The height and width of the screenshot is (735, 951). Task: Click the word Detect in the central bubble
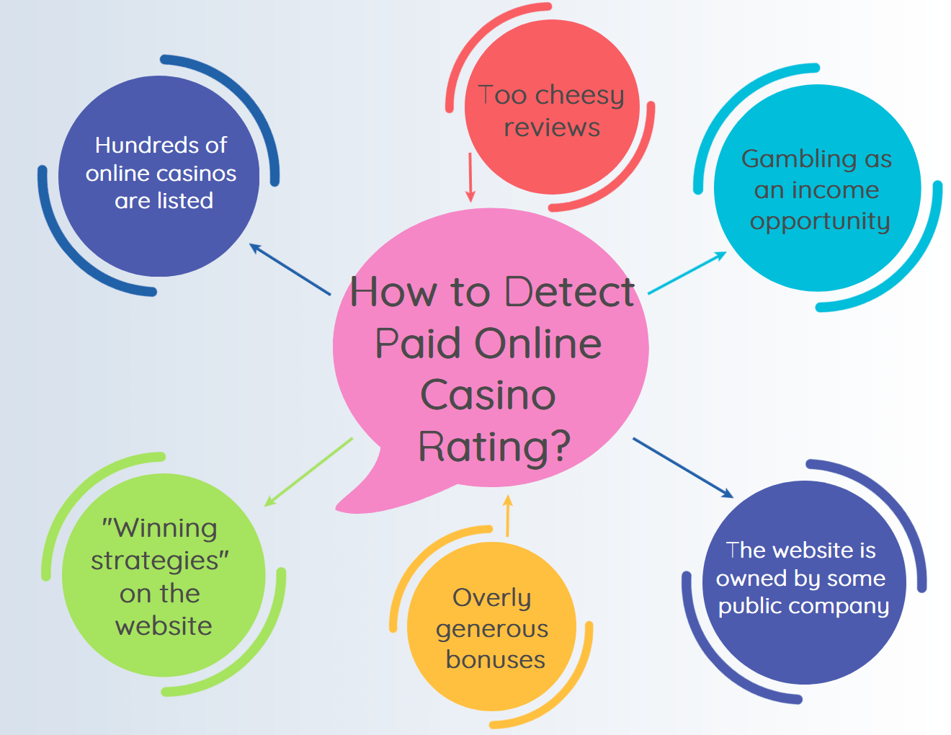[x=569, y=292]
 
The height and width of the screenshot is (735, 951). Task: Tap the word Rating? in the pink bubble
[x=494, y=447]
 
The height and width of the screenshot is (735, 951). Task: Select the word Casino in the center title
[x=488, y=395]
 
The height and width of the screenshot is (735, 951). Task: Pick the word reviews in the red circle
[x=552, y=128]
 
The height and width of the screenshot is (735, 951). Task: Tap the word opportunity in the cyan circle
[x=820, y=222]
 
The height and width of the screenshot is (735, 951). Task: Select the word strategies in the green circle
[x=154, y=561]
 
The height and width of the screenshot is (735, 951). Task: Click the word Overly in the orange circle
[x=492, y=598]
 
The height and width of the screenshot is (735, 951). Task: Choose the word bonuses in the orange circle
[x=496, y=660]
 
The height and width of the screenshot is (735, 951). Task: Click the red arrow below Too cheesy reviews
[x=470, y=177]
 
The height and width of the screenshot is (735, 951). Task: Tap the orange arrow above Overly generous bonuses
[x=508, y=515]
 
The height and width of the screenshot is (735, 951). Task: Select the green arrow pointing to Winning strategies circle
[x=308, y=472]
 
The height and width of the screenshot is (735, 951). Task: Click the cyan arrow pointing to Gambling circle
[x=687, y=272]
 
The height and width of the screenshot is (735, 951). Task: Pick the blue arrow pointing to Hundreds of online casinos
[x=290, y=269]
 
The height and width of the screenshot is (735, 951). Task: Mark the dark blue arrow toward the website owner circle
[x=683, y=468]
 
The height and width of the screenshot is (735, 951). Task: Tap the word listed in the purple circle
[x=185, y=201]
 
